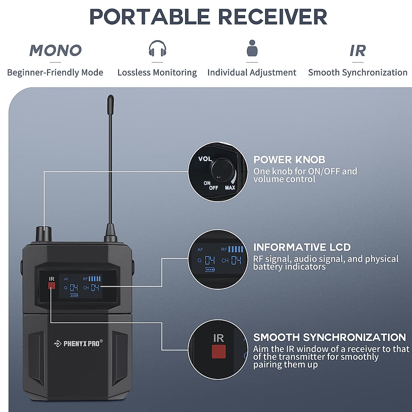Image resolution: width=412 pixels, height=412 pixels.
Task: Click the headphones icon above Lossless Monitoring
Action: pos(157,48)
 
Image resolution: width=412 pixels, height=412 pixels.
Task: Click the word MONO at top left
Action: pos(55,50)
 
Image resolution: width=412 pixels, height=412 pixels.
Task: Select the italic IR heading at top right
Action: pos(357,51)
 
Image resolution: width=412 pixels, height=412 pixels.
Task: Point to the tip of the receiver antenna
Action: pos(110,99)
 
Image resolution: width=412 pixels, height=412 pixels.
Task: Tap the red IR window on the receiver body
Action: pos(51,286)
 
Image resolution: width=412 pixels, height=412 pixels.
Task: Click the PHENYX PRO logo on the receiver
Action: pos(79,343)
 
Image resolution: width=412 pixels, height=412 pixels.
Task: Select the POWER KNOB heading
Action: pos(289,160)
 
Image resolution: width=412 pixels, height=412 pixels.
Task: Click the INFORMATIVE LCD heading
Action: pos(302,247)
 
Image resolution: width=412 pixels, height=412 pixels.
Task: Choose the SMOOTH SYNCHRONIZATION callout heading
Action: pos(329,337)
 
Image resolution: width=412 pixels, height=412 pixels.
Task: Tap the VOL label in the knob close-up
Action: pos(205,159)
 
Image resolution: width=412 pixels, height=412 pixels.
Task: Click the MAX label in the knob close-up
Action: pos(230,187)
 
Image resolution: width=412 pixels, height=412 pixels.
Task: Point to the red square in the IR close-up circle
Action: pos(219,352)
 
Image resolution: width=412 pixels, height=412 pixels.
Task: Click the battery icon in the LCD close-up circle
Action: pos(210,270)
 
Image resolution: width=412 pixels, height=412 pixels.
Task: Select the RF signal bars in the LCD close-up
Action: pos(236,249)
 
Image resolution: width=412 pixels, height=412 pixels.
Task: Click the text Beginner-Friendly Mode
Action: pos(55,72)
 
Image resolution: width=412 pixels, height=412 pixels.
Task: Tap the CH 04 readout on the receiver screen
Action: pos(91,288)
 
